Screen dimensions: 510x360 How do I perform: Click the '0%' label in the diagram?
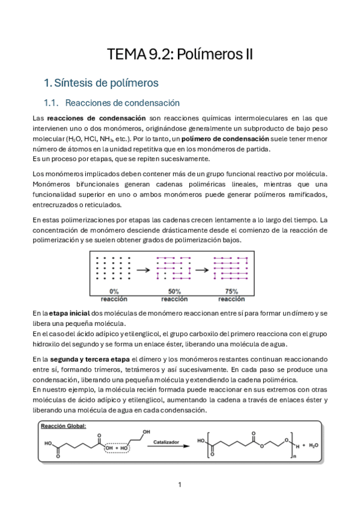click(113, 291)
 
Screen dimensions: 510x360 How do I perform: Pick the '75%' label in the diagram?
click(231, 291)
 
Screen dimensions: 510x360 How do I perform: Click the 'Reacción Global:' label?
click(64, 426)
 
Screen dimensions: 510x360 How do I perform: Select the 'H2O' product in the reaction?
click(314, 445)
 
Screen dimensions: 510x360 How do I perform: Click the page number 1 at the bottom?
click(180, 484)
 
